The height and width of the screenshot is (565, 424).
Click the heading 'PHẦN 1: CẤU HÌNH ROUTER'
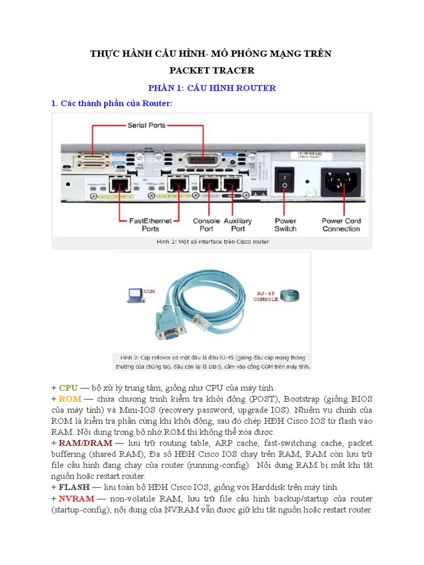[x=212, y=88]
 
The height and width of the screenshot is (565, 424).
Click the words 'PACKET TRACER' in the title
[x=212, y=71]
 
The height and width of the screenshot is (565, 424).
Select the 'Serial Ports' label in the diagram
[x=146, y=125]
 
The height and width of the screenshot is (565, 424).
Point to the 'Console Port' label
[x=206, y=225]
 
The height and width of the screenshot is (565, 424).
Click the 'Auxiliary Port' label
[x=238, y=225]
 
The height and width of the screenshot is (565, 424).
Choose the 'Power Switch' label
[x=285, y=225]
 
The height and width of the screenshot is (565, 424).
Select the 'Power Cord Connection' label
[x=341, y=225]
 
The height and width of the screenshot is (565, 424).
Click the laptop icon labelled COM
[x=134, y=296]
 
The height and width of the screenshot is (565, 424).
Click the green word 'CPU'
[x=68, y=388]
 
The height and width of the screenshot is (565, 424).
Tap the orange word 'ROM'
[x=70, y=399]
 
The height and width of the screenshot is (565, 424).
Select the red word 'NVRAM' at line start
[x=75, y=498]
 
